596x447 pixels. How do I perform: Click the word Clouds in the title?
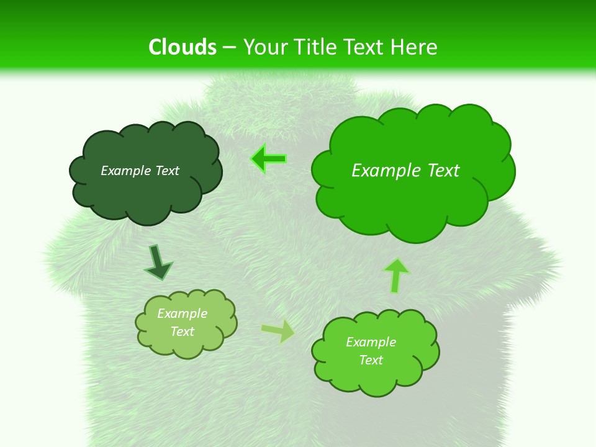point(183,47)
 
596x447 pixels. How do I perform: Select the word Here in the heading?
point(415,47)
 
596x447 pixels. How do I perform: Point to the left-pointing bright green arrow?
point(269,158)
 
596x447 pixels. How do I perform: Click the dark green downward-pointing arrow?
point(157,262)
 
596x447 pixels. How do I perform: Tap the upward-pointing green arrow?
point(396,274)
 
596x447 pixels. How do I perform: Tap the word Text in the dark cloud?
point(167,171)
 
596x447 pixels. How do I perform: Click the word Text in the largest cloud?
point(443,171)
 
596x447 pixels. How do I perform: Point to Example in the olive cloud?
point(182,314)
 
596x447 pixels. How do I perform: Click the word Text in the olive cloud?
point(182,332)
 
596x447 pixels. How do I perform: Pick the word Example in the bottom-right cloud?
point(371,342)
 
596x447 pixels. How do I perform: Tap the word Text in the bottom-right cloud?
point(371,360)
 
